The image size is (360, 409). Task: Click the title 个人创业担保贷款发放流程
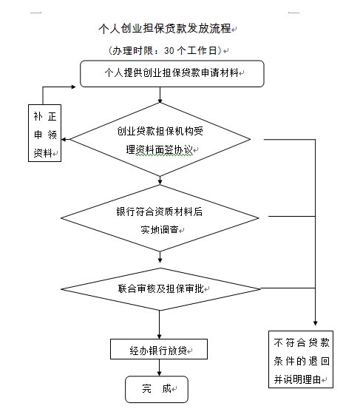point(165,28)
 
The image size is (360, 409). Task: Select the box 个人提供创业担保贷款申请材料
point(172,73)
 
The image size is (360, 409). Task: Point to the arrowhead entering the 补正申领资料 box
point(64,140)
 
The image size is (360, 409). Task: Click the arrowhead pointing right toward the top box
point(73,87)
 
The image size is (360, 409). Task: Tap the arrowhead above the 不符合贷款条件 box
point(315,323)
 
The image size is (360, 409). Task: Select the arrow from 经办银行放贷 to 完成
point(159,368)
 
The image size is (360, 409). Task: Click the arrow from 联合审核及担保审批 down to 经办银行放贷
point(159,325)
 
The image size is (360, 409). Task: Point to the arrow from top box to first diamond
point(160,95)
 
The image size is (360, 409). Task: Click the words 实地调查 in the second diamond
point(160,230)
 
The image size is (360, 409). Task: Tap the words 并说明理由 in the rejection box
point(297,379)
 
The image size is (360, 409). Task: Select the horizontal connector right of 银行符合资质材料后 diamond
point(292,216)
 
